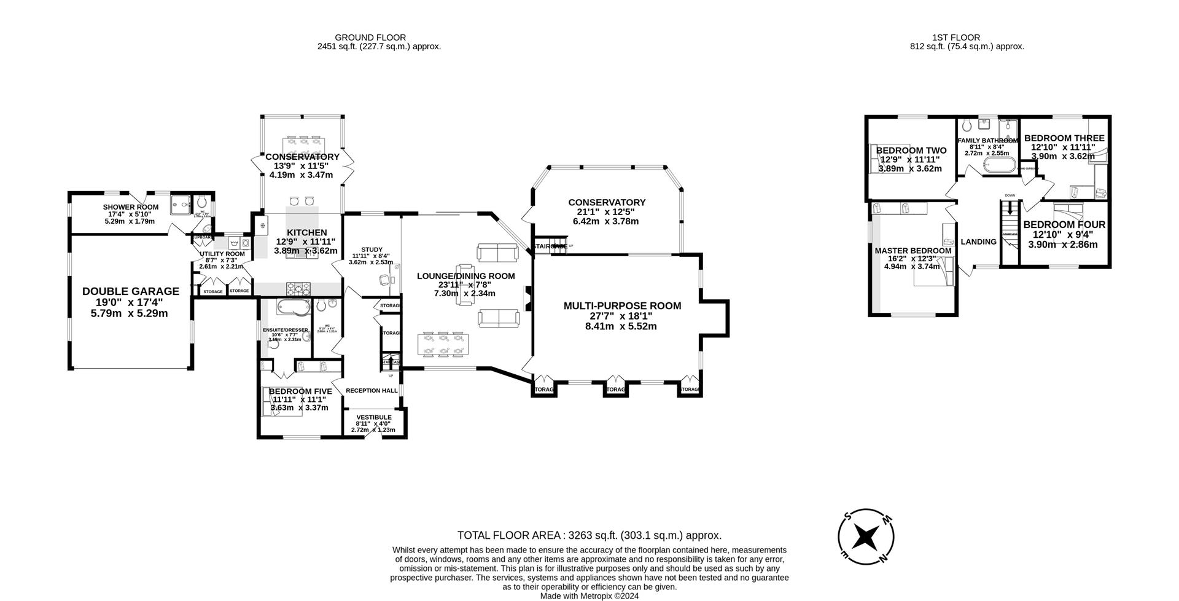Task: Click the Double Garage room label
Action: point(131,291)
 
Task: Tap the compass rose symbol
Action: point(866,536)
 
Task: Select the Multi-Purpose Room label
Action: point(622,305)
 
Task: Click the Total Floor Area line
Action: point(589,535)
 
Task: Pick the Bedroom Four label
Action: point(1064,225)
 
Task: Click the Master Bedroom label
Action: point(912,251)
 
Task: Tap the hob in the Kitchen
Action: point(299,287)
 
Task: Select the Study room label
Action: point(371,249)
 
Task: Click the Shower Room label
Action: point(130,207)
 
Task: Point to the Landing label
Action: point(978,242)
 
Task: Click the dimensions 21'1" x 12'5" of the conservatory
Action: point(607,212)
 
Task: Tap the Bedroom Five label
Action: point(300,391)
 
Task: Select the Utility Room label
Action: point(222,254)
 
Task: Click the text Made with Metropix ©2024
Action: point(589,595)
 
